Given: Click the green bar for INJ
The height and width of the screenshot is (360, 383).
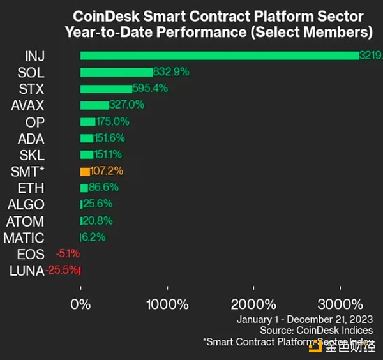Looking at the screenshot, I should [x=220, y=56].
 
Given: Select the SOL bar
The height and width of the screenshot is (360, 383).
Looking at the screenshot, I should [x=116, y=72].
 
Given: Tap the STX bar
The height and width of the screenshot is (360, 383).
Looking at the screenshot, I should [x=106, y=88].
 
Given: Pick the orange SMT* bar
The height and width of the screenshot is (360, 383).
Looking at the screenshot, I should [x=85, y=171].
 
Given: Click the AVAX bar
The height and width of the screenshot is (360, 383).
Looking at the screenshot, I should [x=94, y=105].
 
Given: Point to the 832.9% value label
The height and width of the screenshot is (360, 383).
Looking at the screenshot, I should [x=172, y=72].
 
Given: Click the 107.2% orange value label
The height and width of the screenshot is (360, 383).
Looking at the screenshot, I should [x=107, y=171].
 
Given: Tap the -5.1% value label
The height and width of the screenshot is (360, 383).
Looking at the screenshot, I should [x=67, y=254].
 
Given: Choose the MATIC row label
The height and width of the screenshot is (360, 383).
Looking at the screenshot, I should [x=24, y=237].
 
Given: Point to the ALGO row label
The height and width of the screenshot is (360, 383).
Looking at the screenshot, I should [x=26, y=204].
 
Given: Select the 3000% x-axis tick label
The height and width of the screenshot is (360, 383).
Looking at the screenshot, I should [x=339, y=304].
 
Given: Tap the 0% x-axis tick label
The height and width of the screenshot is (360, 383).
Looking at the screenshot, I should [x=80, y=304].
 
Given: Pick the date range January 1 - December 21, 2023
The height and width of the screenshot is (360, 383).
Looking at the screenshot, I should [x=304, y=319].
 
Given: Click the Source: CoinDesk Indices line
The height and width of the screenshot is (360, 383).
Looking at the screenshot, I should [x=316, y=330].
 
